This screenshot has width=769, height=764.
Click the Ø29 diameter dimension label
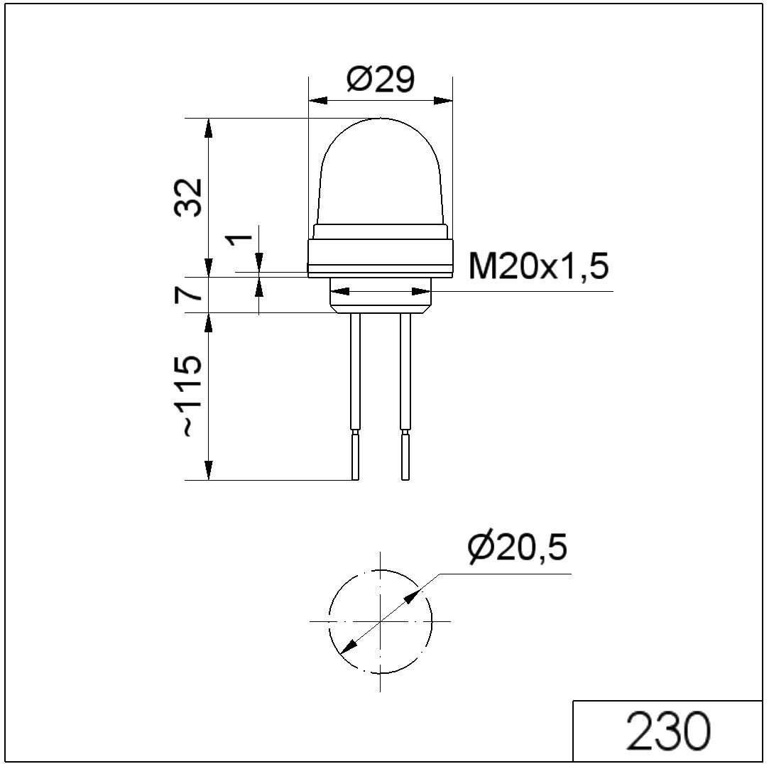(380, 80)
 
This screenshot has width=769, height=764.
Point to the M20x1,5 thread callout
(539, 268)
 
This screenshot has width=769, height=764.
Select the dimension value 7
(187, 295)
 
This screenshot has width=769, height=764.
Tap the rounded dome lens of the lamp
(381, 170)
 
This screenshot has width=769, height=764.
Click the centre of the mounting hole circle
(381, 621)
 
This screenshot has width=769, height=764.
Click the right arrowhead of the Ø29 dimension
(445, 101)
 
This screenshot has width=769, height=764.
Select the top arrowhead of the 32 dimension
(208, 128)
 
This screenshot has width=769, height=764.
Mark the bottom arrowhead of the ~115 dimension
(208, 471)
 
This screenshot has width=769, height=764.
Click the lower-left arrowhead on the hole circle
(348, 646)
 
